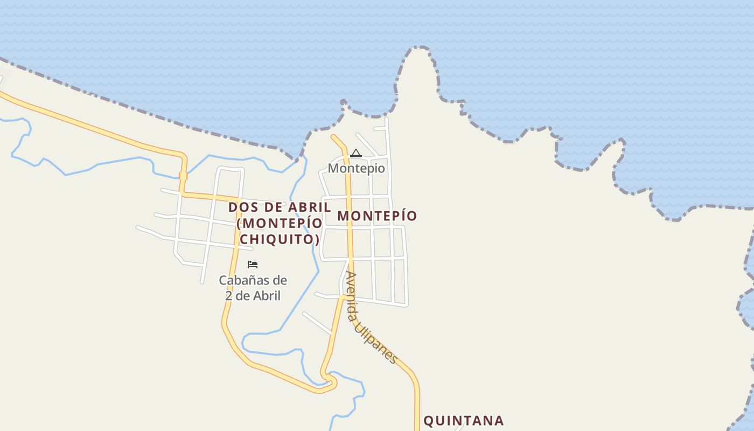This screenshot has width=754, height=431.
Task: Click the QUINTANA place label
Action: (464, 421)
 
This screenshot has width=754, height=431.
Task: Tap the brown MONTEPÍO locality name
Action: (377, 216)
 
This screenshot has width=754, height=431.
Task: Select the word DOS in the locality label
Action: (241, 207)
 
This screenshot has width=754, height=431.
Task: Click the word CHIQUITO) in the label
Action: (279, 239)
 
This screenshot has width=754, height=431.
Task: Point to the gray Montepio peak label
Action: (357, 168)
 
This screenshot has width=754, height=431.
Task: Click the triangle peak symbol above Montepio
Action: (356, 154)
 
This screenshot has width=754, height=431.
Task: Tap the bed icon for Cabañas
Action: (253, 265)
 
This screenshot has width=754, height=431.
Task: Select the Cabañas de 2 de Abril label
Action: (253, 288)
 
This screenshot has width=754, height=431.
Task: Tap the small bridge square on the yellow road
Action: (183, 176)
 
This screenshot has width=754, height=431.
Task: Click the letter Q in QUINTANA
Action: (429, 421)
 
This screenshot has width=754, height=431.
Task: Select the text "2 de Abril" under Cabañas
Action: (253, 296)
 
